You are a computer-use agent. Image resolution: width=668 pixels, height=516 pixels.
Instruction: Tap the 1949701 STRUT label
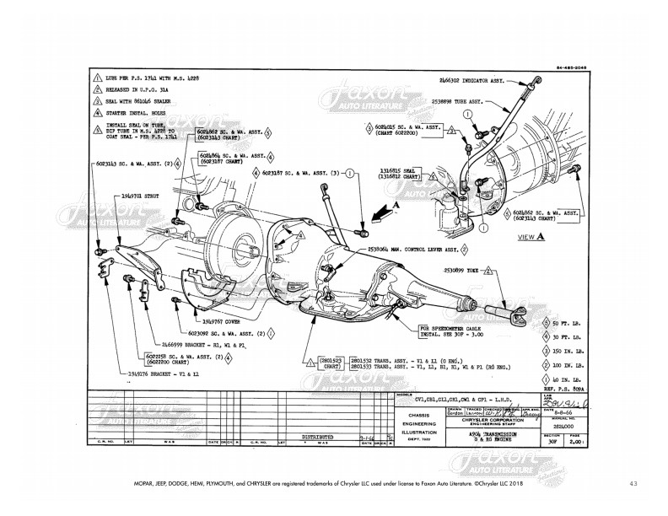click(x=140, y=193)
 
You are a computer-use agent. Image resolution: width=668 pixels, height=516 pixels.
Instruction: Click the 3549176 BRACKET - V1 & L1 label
click(x=159, y=372)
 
